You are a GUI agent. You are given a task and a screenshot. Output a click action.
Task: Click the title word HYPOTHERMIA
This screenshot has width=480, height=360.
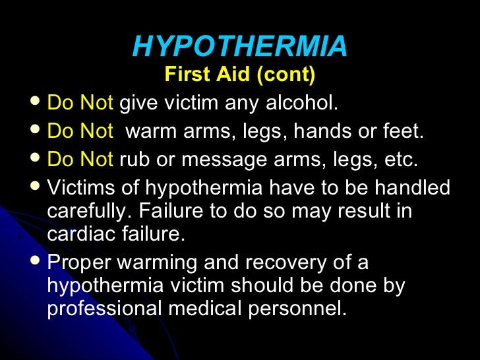pos(240,46)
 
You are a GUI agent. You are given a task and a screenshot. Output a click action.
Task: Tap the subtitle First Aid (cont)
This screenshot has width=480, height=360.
pos(240,75)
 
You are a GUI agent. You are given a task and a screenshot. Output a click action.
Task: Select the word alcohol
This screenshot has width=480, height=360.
pos(305,104)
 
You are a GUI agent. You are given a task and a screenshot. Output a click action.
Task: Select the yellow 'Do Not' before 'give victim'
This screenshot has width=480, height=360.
pos(80,104)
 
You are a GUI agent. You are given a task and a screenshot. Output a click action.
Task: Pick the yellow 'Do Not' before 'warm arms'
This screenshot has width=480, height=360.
pos(80,132)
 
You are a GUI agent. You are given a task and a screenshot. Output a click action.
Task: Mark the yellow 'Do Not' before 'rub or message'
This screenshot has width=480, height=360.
pos(80,160)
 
